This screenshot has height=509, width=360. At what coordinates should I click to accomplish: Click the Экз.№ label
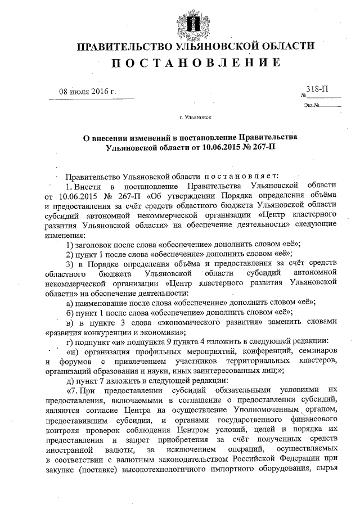click(x=311, y=105)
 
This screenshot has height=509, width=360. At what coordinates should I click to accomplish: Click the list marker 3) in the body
click(x=70, y=264)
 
